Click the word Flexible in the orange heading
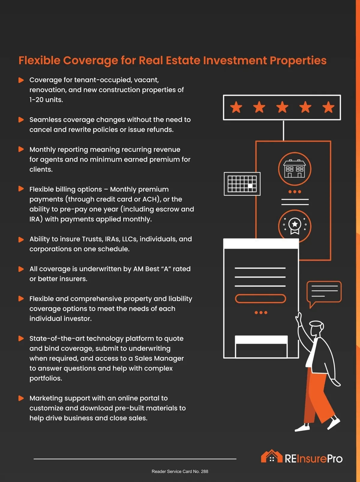point(39,60)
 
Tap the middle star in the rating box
point(282,107)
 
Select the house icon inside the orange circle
point(294,169)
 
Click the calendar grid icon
point(242,184)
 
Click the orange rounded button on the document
point(260,299)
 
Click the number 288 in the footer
point(205,471)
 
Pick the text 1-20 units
point(46,100)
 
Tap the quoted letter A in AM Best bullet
point(166,269)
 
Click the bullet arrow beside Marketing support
point(21,398)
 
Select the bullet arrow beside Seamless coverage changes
point(21,120)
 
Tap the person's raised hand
point(298,318)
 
